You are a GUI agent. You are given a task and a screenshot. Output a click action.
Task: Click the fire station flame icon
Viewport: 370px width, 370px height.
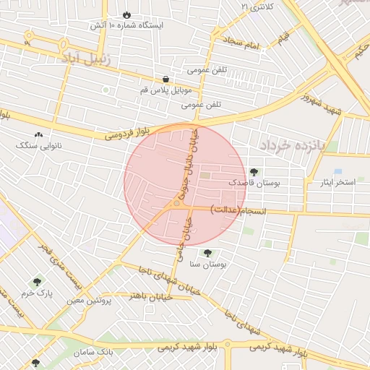coord(128,14)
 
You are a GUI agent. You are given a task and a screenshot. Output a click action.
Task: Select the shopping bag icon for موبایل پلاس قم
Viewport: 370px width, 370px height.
coord(167,79)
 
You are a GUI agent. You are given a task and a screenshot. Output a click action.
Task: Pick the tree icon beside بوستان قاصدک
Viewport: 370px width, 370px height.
coord(254,172)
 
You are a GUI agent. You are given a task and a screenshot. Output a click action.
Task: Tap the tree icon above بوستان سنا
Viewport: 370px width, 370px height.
coord(208,253)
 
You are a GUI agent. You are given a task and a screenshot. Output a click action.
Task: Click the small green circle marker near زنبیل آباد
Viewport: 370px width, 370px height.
coord(106,90)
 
